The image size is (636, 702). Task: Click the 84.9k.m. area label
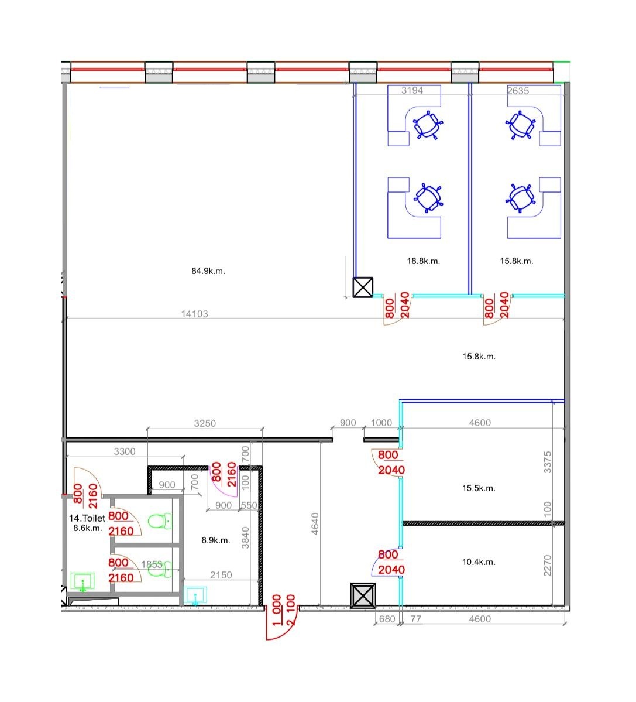tap(208, 271)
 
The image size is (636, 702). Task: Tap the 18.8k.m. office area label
tap(423, 261)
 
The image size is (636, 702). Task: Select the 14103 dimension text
tap(195, 314)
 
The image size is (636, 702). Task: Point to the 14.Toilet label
tap(87, 518)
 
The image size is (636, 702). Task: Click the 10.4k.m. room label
tap(479, 562)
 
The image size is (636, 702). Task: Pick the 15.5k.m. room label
tap(479, 488)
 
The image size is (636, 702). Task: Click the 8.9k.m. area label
tap(215, 540)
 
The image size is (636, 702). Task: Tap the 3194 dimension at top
tap(412, 90)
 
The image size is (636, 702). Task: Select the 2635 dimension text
tap(518, 90)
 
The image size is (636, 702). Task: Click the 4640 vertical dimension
tap(315, 523)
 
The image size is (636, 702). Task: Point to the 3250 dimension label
tap(205, 423)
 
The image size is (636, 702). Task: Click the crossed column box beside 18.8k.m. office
tap(363, 287)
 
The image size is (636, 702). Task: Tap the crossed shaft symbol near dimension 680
tap(363, 595)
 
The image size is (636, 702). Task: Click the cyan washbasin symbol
tap(195, 595)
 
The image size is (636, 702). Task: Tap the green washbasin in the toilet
tap(82, 581)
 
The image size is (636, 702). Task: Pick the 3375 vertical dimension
tap(548, 462)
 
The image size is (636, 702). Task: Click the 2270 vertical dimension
tap(548, 566)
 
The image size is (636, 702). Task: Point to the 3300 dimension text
tap(125, 451)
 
